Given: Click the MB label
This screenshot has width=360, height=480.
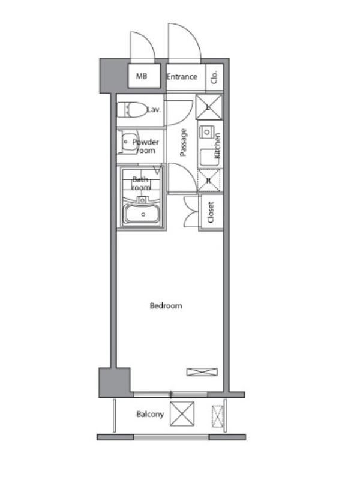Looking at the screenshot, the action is pyautogui.click(x=142, y=76).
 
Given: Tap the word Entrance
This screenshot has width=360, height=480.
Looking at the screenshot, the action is pyautogui.click(x=182, y=76).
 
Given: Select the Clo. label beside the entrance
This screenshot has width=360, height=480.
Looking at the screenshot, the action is pyautogui.click(x=214, y=77).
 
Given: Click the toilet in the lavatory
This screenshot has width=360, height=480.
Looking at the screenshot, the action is pyautogui.click(x=132, y=109).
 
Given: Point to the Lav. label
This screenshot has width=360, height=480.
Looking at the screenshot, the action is pyautogui.click(x=154, y=109).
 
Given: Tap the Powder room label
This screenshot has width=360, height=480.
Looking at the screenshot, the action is pyautogui.click(x=146, y=146).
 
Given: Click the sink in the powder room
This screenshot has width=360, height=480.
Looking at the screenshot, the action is pyautogui.click(x=128, y=142).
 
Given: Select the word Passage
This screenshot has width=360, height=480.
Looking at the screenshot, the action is pyautogui.click(x=183, y=142).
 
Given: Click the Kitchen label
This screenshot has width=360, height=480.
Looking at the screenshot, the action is pyautogui.click(x=217, y=145).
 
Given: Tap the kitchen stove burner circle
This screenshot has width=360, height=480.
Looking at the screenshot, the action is pyautogui.click(x=207, y=132).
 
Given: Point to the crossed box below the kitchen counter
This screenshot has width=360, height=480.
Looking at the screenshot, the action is pyautogui.click(x=209, y=180).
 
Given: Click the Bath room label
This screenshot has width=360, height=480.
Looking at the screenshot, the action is pyautogui.click(x=141, y=183).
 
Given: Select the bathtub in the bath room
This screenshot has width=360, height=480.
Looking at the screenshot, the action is pyautogui.click(x=142, y=214).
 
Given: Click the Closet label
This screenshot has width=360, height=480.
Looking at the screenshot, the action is pyautogui.click(x=211, y=212).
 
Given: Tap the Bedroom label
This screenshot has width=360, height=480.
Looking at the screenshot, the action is pyautogui.click(x=166, y=305).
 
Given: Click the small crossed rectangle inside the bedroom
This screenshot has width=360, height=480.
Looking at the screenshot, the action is pyautogui.click(x=202, y=372).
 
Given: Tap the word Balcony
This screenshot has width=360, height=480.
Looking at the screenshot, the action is pyautogui.click(x=150, y=414).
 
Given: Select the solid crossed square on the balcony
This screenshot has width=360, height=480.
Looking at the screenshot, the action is pyautogui.click(x=182, y=414).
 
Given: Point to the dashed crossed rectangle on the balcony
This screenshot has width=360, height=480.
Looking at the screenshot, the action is pyautogui.click(x=217, y=416).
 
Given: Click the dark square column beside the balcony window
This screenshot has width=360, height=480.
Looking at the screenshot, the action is pyautogui.click(x=115, y=383).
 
